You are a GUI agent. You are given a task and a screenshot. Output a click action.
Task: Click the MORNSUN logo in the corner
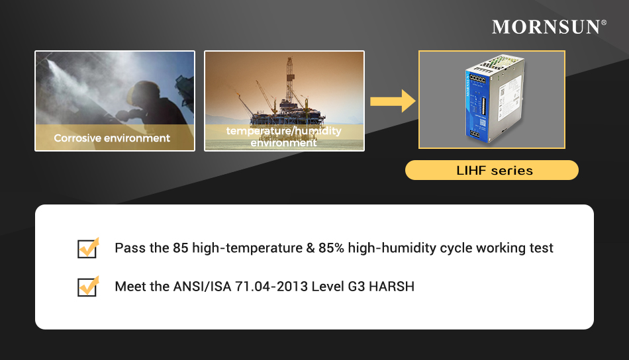coord(549,27)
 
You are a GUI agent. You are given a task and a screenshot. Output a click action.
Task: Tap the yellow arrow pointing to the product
coord(393,101)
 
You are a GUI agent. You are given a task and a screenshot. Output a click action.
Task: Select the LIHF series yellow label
coord(492,170)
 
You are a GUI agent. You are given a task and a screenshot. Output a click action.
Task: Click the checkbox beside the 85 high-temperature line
coord(88,247)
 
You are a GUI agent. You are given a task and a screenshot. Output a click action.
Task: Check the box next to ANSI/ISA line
coord(88,287)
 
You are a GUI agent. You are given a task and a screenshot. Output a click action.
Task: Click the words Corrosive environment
coord(112,138)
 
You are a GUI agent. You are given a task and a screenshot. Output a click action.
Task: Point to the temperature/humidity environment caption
coord(284,137)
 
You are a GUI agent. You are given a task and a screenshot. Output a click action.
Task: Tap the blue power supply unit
coord(494,99)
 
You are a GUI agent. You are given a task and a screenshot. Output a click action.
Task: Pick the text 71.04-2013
coord(271,287)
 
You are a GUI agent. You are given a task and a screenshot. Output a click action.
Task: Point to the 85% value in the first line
coord(331,247)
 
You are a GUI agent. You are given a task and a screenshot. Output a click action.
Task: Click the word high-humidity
coord(392,248)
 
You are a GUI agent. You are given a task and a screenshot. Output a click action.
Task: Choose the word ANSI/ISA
coord(202,287)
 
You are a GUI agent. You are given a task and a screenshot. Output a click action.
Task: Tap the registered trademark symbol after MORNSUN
coord(604,22)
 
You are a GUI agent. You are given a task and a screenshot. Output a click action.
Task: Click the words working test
coord(514,248)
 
